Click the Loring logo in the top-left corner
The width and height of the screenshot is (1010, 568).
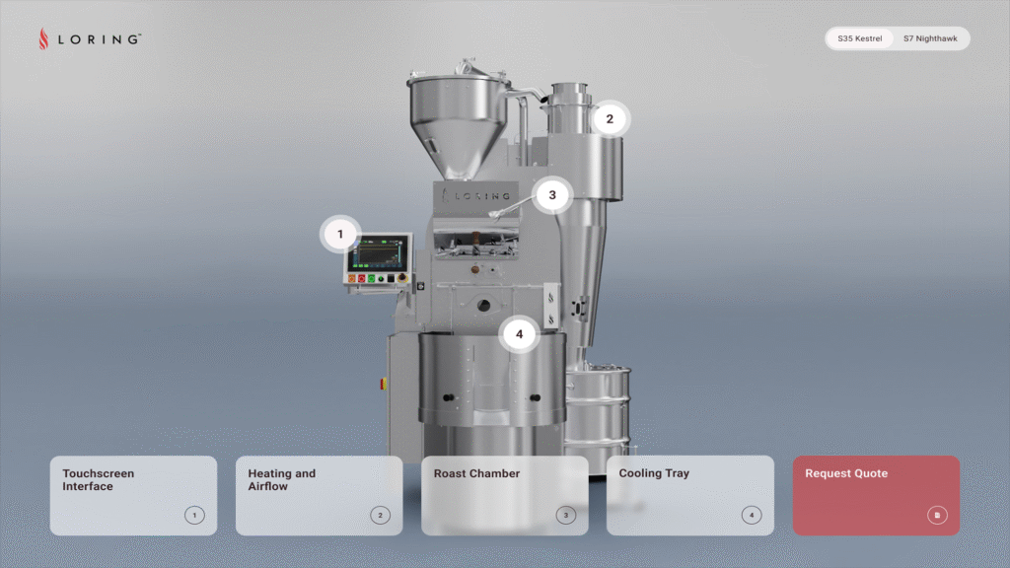tap(90, 38)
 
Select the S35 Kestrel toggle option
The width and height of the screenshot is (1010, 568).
tap(859, 38)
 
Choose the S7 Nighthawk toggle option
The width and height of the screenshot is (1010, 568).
tap(930, 38)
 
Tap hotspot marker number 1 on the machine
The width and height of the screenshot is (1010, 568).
tap(340, 235)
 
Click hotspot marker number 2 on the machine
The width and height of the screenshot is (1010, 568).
tap(610, 119)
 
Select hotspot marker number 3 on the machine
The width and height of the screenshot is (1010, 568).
tap(552, 195)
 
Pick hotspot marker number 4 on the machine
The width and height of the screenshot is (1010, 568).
tap(519, 334)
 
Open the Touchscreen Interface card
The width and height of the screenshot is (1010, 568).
tap(133, 495)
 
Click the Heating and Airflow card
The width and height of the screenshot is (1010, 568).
tap(319, 495)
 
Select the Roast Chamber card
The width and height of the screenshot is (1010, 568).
tap(504, 495)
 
